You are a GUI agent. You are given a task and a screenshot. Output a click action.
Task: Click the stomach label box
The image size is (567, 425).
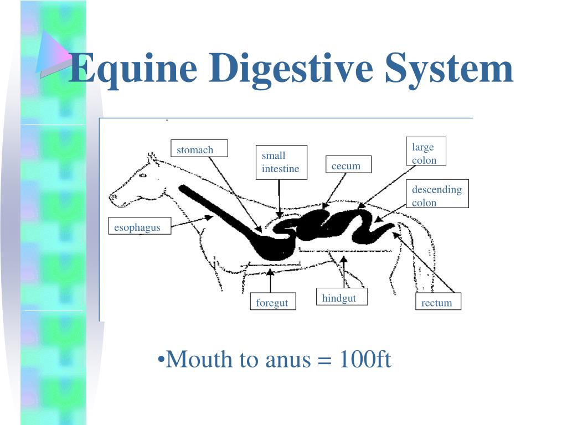coord(199,149)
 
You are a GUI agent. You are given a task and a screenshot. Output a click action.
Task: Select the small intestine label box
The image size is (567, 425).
coord(281,162)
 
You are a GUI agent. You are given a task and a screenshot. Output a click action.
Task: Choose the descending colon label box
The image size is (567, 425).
coord(437,194)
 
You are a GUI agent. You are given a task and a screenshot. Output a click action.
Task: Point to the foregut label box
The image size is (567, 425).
coord(272,302)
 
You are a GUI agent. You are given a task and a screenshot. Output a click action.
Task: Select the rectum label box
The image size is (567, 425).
coord(438,302)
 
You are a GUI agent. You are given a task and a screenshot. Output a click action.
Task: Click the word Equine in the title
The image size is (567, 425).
coord(133,69)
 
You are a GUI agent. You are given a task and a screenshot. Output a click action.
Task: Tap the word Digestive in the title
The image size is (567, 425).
coord(292,69)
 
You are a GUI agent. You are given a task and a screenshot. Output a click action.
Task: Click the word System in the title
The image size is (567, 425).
coord(450,69)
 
